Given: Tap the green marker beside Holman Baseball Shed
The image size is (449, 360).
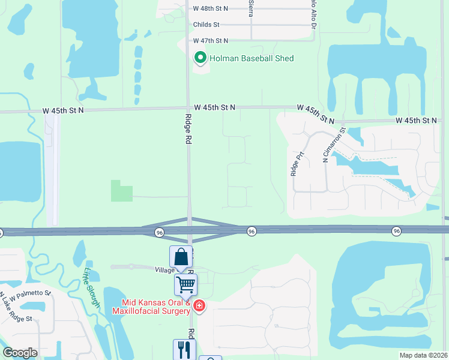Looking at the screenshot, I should (200, 58).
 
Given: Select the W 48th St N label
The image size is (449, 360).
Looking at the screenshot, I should (211, 9).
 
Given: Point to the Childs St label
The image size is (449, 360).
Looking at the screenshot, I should (206, 25).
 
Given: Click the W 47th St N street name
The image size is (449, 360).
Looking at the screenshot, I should (211, 40).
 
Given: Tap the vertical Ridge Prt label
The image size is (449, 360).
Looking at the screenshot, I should (294, 163).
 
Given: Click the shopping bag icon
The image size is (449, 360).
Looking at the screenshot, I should (181, 258).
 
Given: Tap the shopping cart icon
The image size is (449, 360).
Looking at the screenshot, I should (186, 286).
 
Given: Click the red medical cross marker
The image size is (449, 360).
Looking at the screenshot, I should (199, 307).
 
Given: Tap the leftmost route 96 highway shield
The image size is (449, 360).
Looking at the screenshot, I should (159, 232).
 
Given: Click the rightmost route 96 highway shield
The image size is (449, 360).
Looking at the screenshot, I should (396, 231).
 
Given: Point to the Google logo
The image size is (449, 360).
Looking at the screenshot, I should (20, 353).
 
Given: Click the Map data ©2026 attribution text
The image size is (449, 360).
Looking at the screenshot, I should (423, 355).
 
